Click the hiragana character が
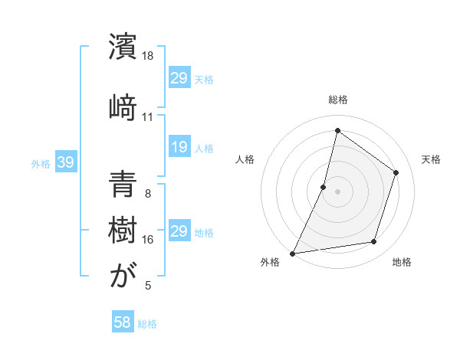(x=123, y=276)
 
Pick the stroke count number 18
(x=149, y=56)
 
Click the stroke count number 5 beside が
(x=148, y=286)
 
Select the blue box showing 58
(x=123, y=322)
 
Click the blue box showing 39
(x=65, y=162)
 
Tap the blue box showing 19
(x=179, y=147)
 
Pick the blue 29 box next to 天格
(x=179, y=78)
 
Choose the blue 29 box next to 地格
(x=179, y=231)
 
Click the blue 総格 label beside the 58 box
(x=147, y=324)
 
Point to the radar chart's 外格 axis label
(x=270, y=263)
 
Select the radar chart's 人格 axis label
(x=245, y=159)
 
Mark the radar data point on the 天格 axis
(x=396, y=172)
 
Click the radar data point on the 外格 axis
(x=292, y=253)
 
